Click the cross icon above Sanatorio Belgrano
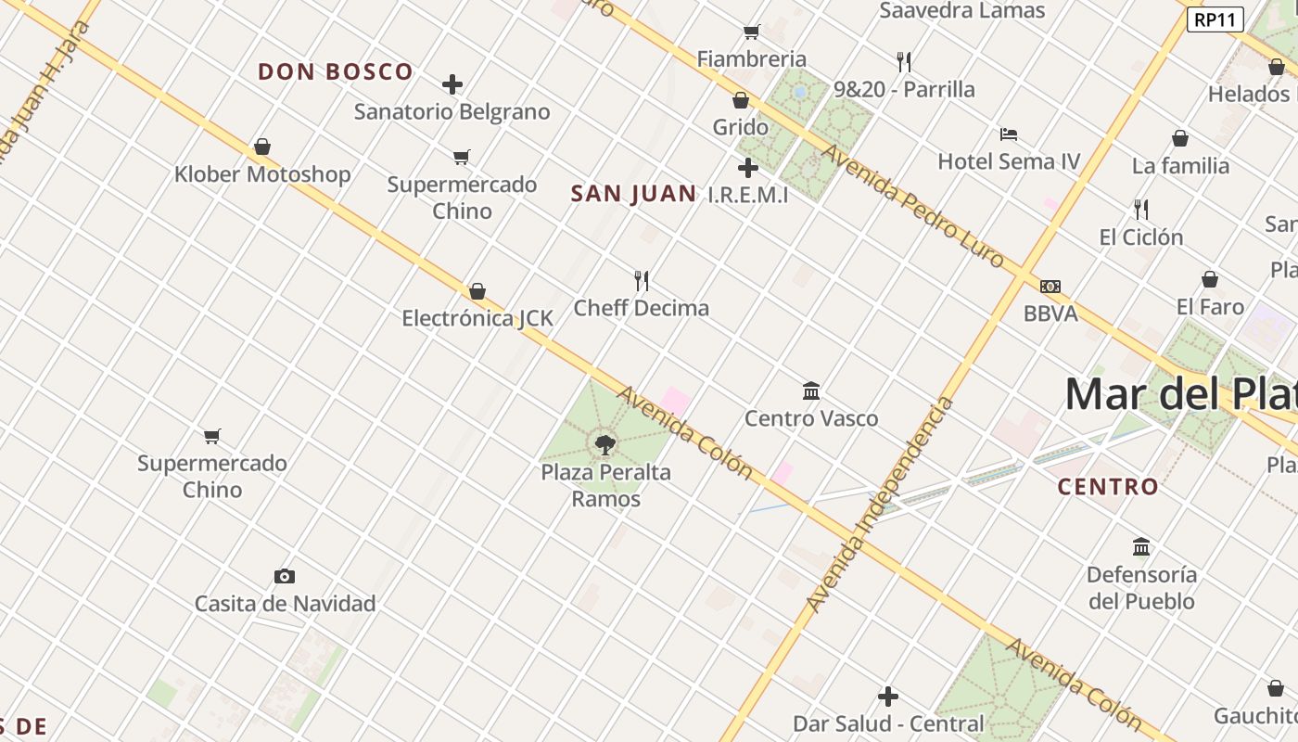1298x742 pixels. point(452,85)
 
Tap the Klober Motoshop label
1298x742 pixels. point(262,174)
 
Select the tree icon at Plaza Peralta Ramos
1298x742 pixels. point(605,445)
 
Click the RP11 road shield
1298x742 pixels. point(1215,19)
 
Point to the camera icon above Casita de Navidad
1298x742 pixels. point(285,577)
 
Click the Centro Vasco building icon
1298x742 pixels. point(811,391)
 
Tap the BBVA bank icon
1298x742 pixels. point(1050,287)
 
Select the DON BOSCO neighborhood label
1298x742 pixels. point(336,72)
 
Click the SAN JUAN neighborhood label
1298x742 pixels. point(633,194)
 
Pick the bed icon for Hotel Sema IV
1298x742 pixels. point(1009,134)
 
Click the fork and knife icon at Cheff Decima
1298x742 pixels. point(641,280)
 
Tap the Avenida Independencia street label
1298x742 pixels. point(880,505)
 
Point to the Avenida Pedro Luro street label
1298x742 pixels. point(913,206)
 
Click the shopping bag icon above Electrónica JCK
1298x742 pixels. point(477,291)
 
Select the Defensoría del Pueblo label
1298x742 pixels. point(1141,587)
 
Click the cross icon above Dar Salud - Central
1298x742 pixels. point(888,697)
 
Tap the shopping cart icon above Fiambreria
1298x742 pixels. point(751,32)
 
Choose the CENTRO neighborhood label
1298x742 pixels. point(1108,487)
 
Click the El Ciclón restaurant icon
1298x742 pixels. point(1141,210)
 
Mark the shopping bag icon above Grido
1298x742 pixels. point(741,100)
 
